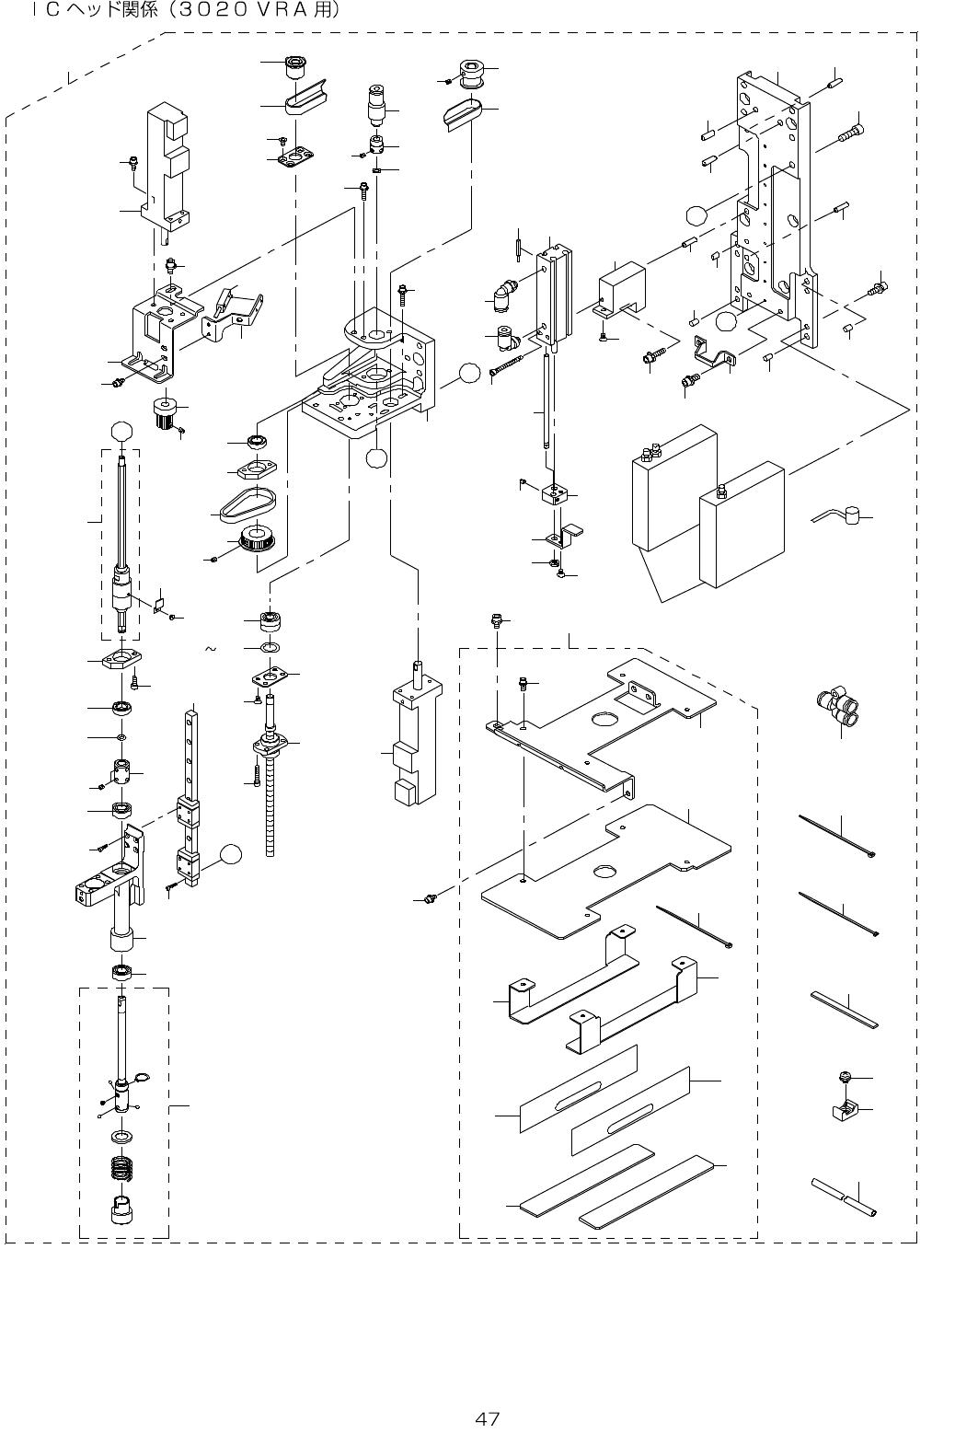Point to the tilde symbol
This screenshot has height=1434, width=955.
tap(210, 650)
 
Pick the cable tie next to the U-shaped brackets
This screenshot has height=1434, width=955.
tap(694, 925)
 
